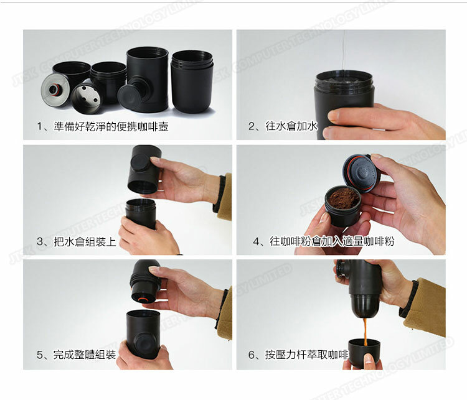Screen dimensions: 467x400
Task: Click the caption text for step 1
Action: click(x=103, y=126)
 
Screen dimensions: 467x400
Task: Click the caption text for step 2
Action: click(x=283, y=126)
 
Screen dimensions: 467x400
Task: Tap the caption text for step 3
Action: click(x=76, y=241)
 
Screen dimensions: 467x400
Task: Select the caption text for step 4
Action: click(x=323, y=241)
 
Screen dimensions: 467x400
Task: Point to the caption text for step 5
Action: click(x=76, y=355)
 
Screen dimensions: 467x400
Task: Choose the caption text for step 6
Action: click(x=298, y=355)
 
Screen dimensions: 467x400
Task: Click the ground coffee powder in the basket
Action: click(x=343, y=198)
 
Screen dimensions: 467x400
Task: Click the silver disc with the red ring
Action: click(x=55, y=88)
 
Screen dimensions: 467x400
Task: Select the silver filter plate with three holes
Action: click(x=85, y=98)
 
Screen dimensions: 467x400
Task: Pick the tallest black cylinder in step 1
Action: click(x=147, y=79)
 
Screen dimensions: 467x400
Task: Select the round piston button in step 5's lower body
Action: click(x=144, y=342)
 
